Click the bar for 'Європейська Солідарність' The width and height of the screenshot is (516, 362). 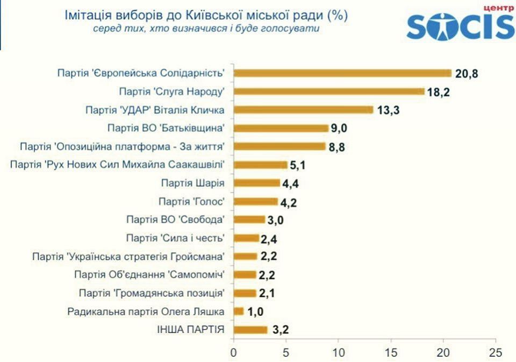click(x=342, y=73)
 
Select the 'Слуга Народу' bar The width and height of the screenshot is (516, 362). click(x=328, y=91)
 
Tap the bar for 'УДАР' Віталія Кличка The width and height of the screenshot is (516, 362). click(x=303, y=110)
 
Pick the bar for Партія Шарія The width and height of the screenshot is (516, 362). click(x=256, y=183)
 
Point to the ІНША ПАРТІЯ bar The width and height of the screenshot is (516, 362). click(x=250, y=329)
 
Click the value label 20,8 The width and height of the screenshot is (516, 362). click(x=467, y=74)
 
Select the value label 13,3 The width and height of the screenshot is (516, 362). click(x=389, y=110)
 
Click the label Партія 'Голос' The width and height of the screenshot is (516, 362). click(x=191, y=201)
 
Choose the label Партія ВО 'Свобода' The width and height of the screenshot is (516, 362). click(x=175, y=219)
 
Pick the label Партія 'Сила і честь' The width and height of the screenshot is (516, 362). click(x=175, y=238)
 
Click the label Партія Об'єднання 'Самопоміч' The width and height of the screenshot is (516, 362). click(x=149, y=274)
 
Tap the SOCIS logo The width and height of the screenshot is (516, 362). click(x=460, y=24)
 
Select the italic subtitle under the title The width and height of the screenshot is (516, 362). click(x=206, y=29)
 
